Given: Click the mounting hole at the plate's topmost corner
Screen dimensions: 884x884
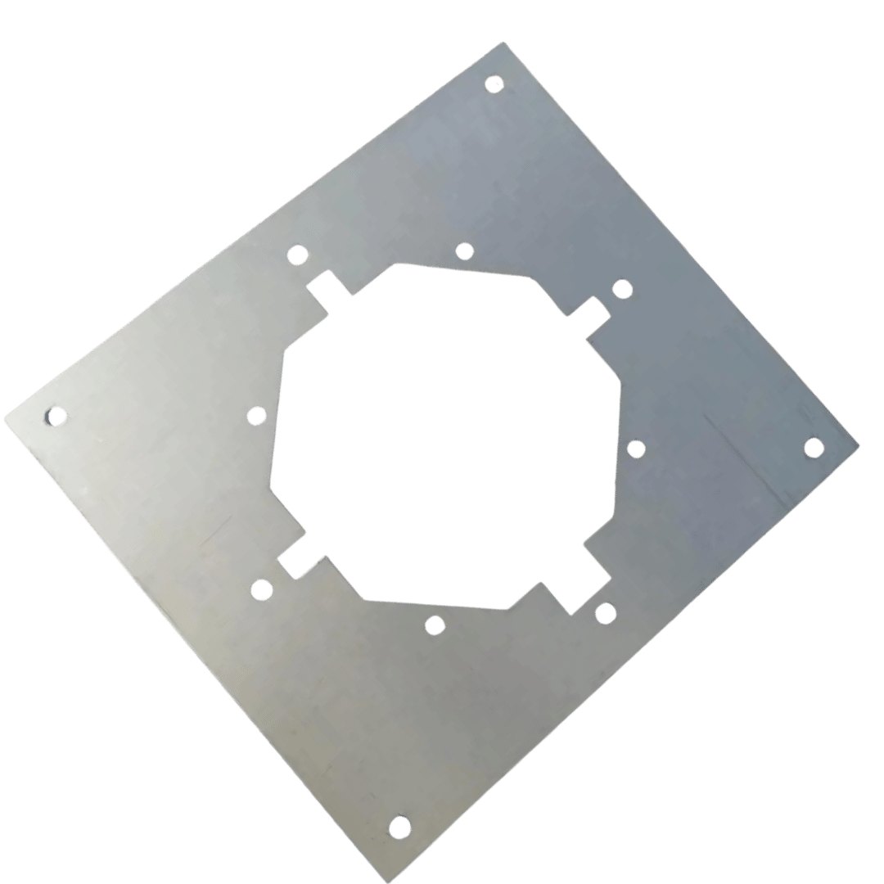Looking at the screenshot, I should coord(494,83).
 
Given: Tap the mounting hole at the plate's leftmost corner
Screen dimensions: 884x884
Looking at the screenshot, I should coord(55,417).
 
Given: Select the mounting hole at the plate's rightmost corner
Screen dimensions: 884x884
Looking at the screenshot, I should coord(814,447).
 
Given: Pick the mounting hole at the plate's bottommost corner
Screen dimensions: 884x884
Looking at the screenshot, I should coord(399,827).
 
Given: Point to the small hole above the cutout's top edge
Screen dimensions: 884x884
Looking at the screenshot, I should coord(464,250).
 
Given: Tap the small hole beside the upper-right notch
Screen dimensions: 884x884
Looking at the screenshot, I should coord(622,288).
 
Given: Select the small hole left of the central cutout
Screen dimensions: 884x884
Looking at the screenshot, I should coord(256,416).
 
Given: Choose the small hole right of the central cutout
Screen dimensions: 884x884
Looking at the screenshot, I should coord(636,449).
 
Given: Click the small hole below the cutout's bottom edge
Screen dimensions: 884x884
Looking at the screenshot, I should coord(435,626).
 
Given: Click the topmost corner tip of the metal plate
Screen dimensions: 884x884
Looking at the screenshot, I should coord(503,42).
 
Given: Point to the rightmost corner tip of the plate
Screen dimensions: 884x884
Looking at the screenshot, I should coord(859,445).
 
